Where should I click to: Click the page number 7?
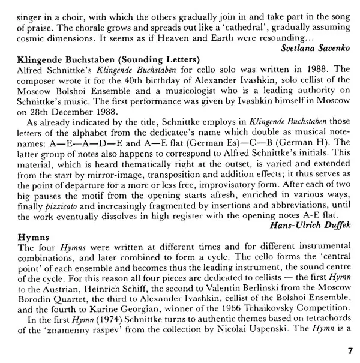tap(350, 351)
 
